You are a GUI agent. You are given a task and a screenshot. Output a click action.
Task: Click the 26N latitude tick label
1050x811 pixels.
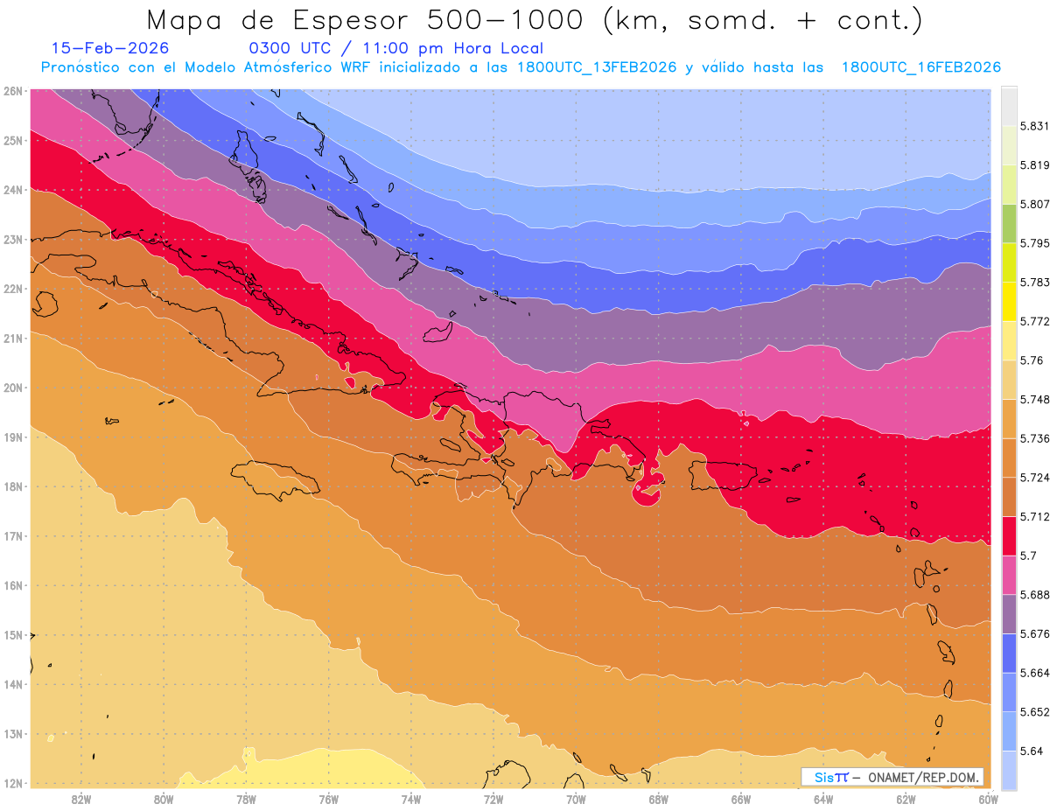(12, 90)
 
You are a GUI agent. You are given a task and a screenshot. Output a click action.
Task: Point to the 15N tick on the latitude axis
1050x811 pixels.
(12, 634)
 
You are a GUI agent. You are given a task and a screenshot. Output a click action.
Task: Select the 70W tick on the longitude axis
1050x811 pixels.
(576, 798)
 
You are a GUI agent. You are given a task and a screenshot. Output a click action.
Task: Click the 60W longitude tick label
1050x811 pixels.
(988, 798)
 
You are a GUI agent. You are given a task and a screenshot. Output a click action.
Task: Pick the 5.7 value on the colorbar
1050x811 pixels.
(1027, 556)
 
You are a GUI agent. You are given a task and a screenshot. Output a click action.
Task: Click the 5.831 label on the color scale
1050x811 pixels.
(1033, 126)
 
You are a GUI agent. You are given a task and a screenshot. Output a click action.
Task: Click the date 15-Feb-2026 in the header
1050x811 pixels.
(110, 48)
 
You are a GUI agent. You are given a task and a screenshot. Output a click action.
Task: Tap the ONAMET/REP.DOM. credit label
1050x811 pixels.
(924, 777)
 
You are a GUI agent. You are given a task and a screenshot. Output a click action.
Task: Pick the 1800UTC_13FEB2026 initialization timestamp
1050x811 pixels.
(596, 67)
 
